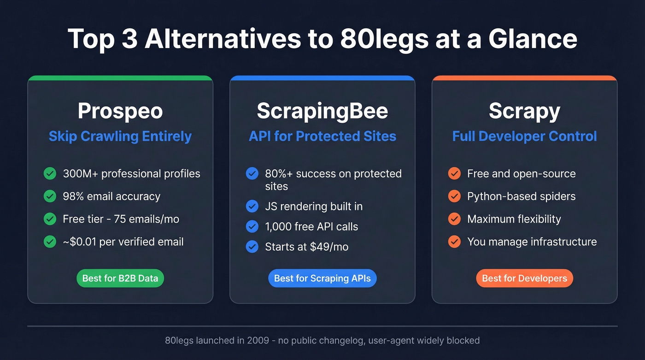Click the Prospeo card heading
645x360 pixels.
[x=120, y=111]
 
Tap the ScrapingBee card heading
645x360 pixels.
[x=322, y=111]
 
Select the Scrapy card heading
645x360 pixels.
[x=524, y=111]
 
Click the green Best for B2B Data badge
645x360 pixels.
[x=120, y=278]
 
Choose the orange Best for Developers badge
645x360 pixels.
[x=524, y=278]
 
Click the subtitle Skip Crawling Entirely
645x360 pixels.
[x=120, y=136]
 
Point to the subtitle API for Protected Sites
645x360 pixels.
[x=322, y=136]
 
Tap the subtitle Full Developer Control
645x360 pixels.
[x=524, y=136]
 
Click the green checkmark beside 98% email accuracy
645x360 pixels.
[x=50, y=196]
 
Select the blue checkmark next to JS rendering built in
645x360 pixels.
[x=252, y=207]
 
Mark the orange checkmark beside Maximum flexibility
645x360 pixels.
[x=454, y=219]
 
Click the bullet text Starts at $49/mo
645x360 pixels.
[x=306, y=247]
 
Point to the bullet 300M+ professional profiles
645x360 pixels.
[x=131, y=174]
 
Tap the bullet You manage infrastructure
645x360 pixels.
[x=532, y=242]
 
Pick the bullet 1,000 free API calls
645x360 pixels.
[x=311, y=227]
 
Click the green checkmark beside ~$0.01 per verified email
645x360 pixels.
[x=50, y=242]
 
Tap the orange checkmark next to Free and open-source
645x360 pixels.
[x=454, y=174]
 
